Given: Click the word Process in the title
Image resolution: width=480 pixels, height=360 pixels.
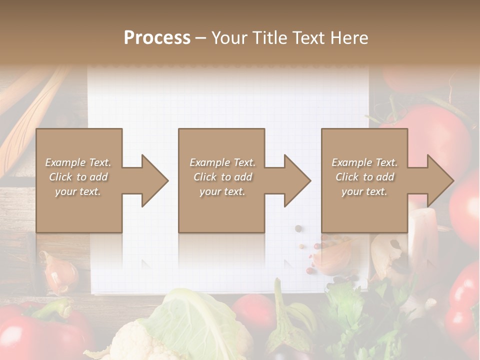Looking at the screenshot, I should (157, 38).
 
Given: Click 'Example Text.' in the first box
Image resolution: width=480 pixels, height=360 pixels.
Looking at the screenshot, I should (78, 162).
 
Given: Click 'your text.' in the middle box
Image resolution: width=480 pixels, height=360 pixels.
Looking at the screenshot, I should (222, 192).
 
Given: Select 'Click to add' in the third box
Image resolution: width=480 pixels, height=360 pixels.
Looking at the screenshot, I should (364, 177).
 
